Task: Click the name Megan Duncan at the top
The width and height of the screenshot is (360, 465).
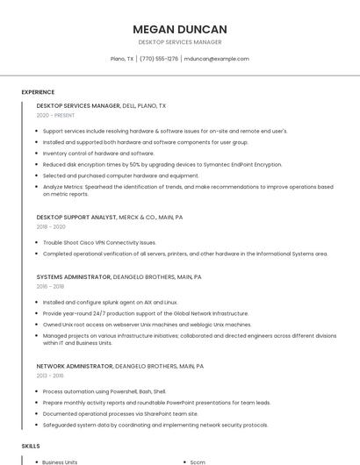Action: pos(179,29)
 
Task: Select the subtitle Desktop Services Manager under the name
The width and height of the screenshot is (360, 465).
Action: pos(179,42)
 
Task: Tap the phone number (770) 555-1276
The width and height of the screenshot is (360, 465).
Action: pos(159,59)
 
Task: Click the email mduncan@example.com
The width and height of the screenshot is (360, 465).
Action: pos(217,59)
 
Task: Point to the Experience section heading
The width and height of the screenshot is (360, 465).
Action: pos(38,92)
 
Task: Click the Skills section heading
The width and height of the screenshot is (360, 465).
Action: pos(31,446)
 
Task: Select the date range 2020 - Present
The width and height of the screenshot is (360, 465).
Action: pos(55,116)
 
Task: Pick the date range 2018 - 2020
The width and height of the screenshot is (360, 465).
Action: pos(51,226)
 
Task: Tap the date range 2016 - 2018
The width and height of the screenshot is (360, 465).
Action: pos(50,286)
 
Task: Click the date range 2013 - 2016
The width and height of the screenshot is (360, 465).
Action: pos(50,376)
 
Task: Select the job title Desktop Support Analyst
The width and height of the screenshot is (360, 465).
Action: pos(76,216)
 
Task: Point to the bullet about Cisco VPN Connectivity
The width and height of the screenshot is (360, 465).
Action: pos(99,242)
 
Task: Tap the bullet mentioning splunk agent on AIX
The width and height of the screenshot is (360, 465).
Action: pos(110,302)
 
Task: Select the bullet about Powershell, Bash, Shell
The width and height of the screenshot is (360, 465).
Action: pos(104,391)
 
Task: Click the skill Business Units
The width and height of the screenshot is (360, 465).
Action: pos(60,461)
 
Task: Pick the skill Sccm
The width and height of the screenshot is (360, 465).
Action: pos(198,461)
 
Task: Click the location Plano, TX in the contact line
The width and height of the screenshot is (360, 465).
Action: pos(122,59)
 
